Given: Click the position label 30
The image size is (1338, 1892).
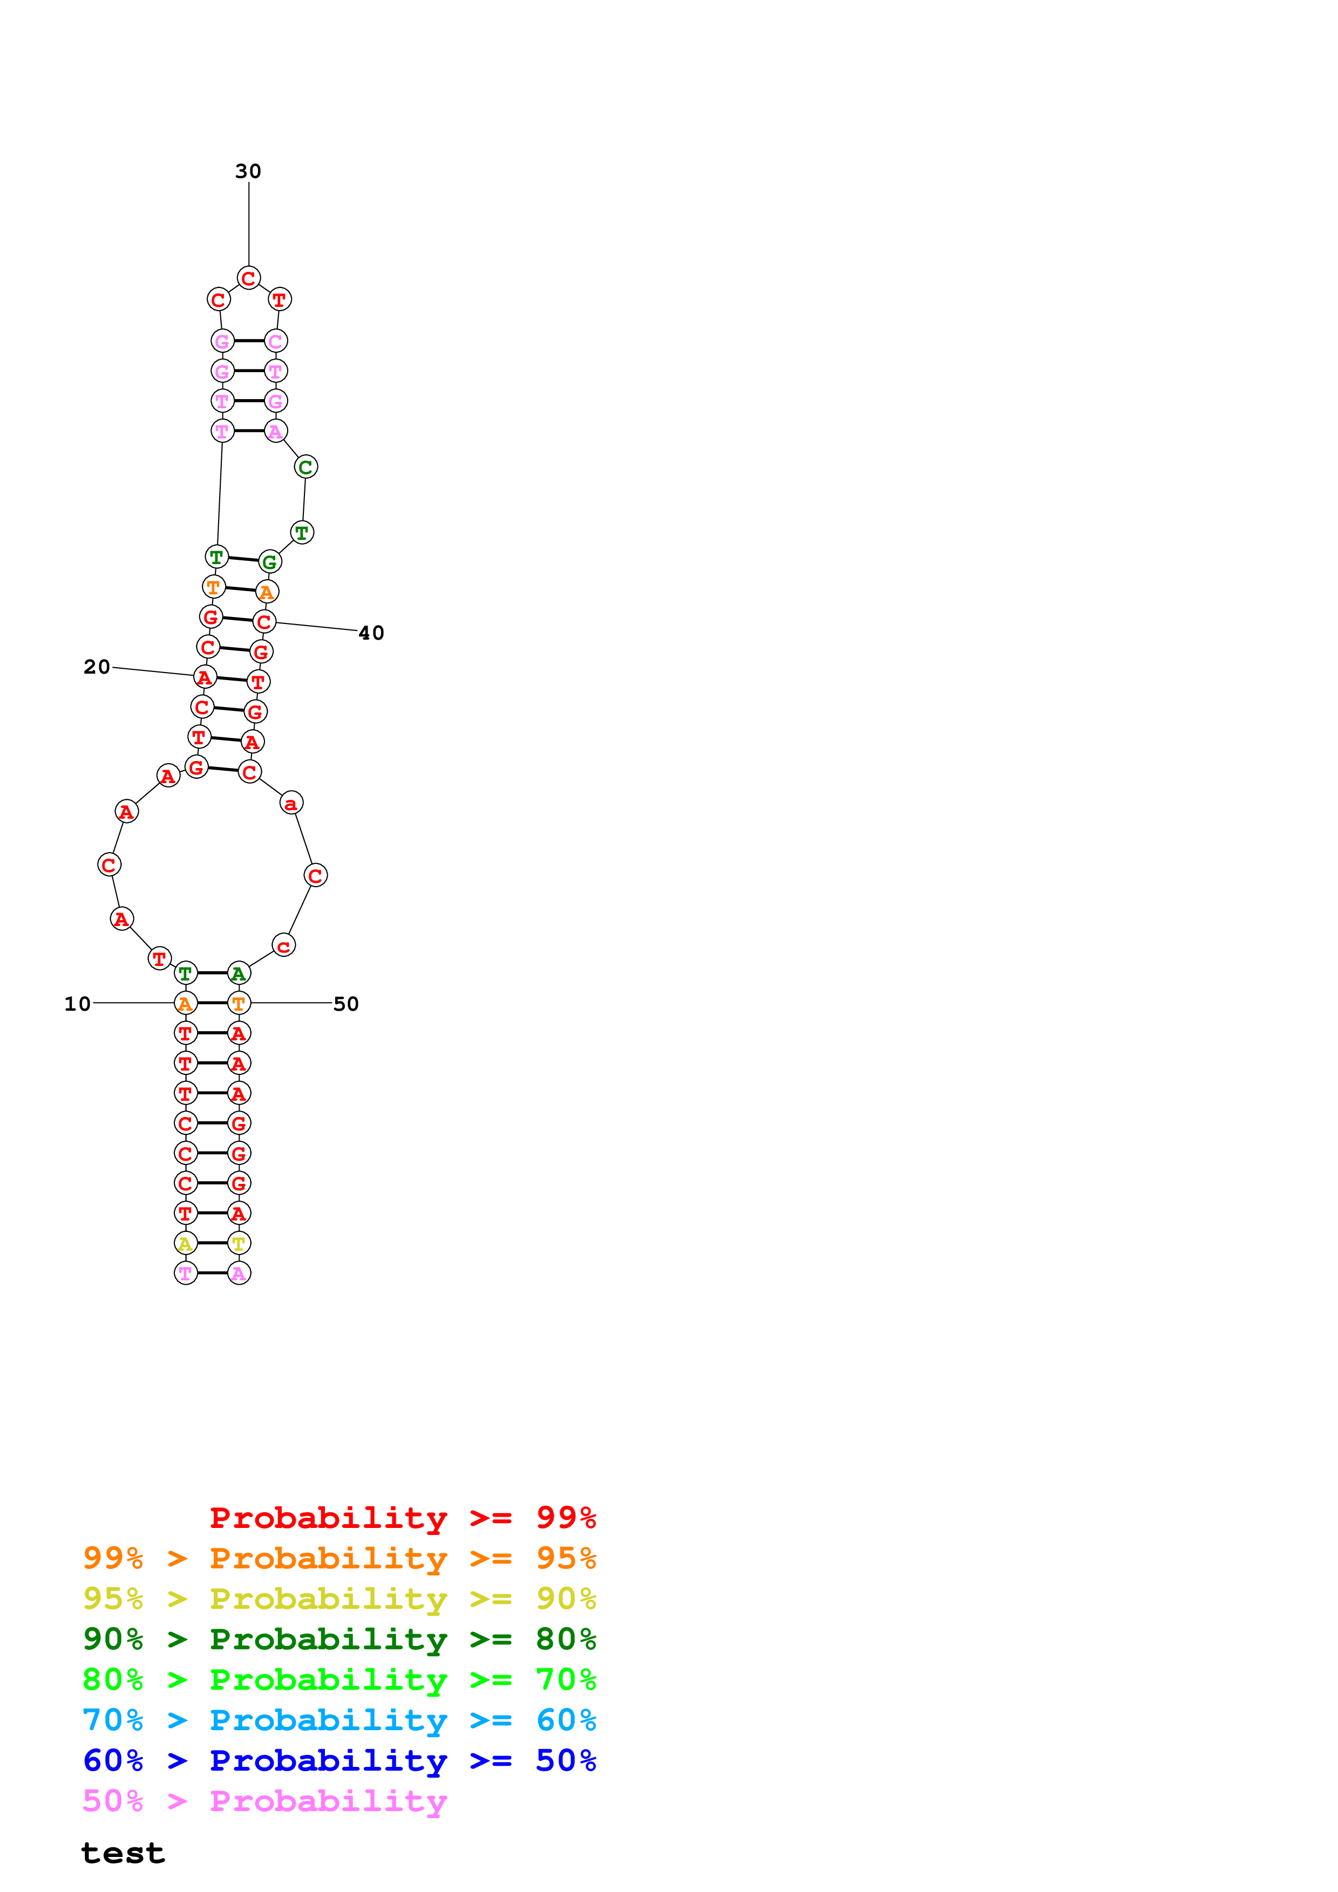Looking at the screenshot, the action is [x=248, y=172].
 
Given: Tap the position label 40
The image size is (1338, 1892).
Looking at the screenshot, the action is [x=371, y=633].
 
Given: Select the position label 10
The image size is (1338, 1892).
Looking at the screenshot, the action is [x=78, y=1004].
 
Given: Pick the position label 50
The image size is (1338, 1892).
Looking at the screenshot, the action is [x=345, y=1004].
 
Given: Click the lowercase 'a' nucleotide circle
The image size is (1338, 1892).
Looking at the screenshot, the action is [x=291, y=803].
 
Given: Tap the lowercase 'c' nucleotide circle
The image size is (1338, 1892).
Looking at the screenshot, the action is [x=283, y=946].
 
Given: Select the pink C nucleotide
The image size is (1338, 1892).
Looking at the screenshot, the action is [x=275, y=341].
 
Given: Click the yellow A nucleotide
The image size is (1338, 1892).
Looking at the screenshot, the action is [x=186, y=1244].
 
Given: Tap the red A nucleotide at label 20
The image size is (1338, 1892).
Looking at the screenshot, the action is [x=205, y=677].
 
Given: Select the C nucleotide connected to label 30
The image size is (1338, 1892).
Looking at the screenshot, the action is [x=248, y=278].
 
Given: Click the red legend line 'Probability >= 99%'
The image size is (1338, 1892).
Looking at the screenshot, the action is [x=402, y=1518].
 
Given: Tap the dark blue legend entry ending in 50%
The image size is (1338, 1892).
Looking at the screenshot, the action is [x=339, y=1761].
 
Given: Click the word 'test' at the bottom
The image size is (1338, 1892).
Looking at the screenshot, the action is [x=123, y=1853].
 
